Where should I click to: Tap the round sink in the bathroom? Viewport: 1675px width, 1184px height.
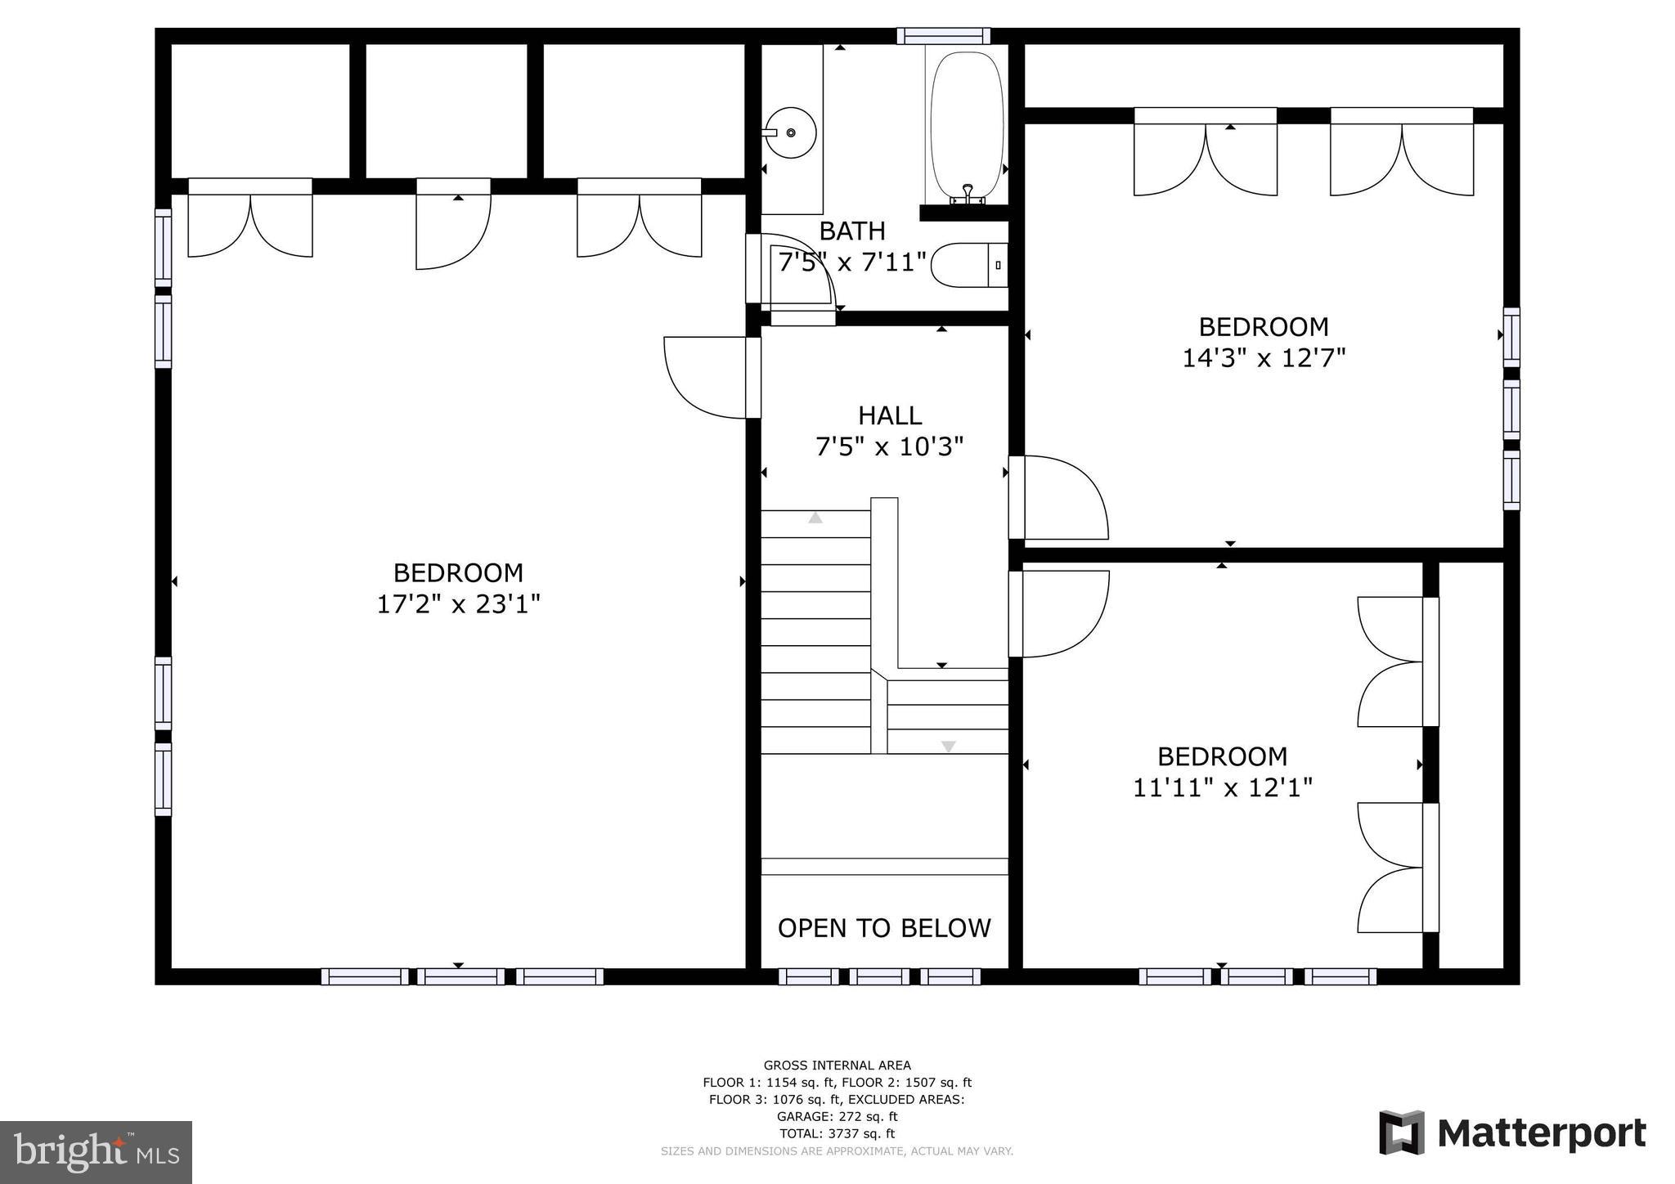[790, 132]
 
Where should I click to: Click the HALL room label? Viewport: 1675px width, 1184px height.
[890, 415]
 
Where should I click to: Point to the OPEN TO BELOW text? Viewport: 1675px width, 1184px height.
[884, 928]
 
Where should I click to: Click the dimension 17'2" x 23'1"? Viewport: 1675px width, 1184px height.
[458, 604]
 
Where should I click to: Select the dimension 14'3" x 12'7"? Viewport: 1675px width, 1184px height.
[1264, 358]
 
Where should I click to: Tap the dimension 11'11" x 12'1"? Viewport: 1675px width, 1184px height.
[1223, 787]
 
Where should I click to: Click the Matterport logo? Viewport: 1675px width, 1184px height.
[1512, 1133]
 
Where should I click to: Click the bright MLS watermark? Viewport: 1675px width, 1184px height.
[96, 1153]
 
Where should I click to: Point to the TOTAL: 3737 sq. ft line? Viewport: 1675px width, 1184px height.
[837, 1133]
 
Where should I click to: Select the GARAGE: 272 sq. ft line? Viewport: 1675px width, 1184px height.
[837, 1116]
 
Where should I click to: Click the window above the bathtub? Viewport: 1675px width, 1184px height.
[943, 35]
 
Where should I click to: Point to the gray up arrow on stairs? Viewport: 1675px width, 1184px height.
[815, 518]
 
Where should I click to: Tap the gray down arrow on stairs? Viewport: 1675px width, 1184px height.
[948, 746]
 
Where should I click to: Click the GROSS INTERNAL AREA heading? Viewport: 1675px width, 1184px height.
[837, 1065]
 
